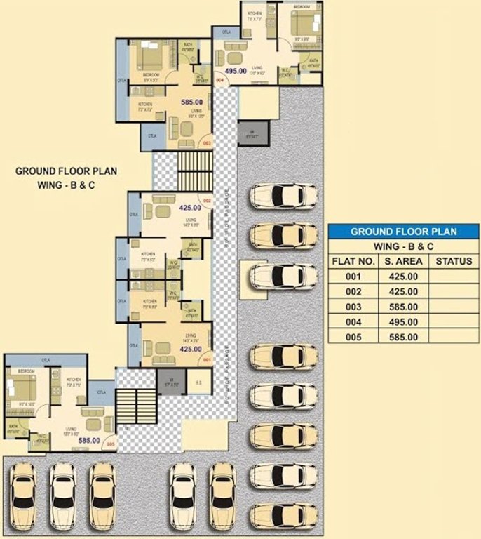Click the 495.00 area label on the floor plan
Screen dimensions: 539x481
click(235, 71)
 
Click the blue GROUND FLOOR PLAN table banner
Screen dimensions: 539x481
click(403, 231)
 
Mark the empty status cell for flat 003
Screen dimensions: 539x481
click(452, 307)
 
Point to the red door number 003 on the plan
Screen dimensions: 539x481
click(207, 142)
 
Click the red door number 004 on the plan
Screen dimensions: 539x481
click(219, 81)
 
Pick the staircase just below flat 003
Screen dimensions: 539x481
click(195, 171)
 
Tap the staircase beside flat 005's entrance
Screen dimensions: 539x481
click(137, 406)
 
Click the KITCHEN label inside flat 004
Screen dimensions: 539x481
click(253, 13)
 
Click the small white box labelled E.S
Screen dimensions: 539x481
click(199, 382)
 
